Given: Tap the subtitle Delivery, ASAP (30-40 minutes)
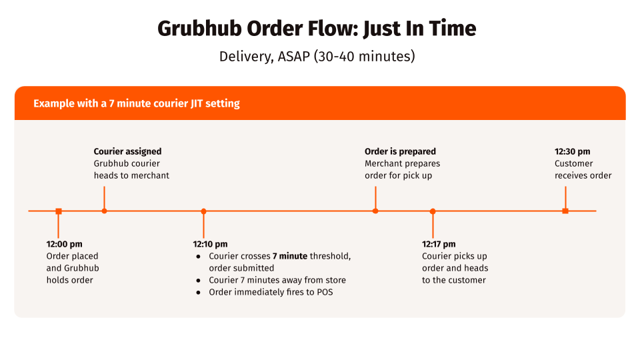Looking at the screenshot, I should pos(317,56).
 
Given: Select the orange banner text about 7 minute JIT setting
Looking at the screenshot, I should pos(137,103).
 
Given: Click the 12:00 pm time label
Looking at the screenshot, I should pos(65,244).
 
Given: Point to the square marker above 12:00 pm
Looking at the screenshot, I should pos(59,211).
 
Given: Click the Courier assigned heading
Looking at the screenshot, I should pos(127,151).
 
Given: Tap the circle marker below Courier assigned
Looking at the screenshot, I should pos(104,211).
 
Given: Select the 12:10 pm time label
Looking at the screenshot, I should pos(210,244).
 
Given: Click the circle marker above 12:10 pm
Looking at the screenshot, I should pos(203,211).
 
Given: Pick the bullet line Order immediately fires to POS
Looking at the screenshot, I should pos(271,292).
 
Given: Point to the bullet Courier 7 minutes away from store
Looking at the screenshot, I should pos(277,280).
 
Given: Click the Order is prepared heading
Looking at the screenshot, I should pos(400,151).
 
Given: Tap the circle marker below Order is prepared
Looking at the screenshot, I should pos(375,211).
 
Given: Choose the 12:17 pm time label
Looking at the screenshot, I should pos(439,244).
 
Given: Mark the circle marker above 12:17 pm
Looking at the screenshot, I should pos(433,211).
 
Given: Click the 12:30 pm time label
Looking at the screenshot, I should pos(572,151).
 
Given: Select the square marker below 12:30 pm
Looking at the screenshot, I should pos(565,211).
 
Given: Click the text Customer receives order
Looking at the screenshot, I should pos(583,169).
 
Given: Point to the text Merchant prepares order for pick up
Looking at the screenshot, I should pos(402,169).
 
